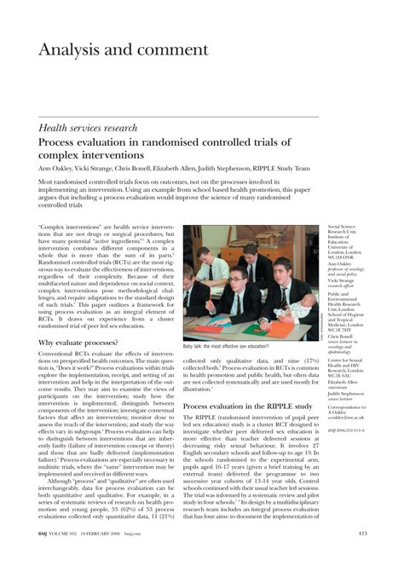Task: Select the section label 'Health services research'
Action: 88,128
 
